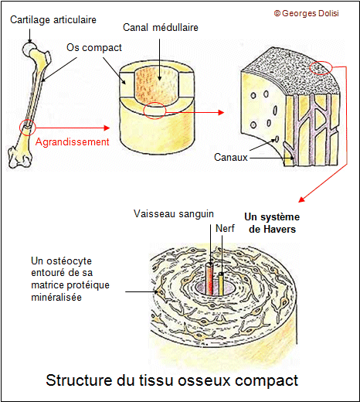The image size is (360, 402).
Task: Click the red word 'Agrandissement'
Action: (x=66, y=141)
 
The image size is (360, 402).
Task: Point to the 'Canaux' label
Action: (x=230, y=157)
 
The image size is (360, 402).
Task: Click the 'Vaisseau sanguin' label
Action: (x=174, y=214)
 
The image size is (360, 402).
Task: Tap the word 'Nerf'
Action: (x=226, y=228)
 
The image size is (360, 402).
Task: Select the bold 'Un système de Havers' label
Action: (x=272, y=223)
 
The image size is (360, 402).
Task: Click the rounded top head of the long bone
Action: (x=31, y=48)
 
